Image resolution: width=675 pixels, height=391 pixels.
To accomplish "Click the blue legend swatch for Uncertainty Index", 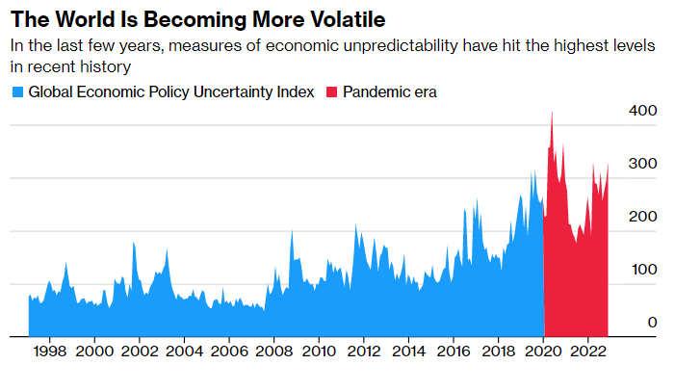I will tap(16, 92).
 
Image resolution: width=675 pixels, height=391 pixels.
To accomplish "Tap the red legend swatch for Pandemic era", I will tap(333, 92).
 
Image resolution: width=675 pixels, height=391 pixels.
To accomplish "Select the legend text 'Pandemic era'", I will tap(389, 92).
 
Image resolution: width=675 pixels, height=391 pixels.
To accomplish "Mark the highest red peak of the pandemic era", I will tap(552, 113).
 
